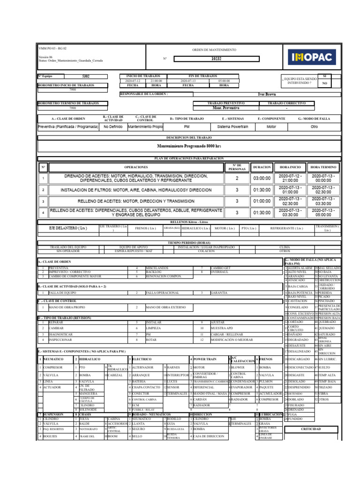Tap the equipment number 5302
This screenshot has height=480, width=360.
pyautogui.click(x=86, y=76)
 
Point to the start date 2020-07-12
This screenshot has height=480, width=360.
pyautogui.click(x=133, y=81)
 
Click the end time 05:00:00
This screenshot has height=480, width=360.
pyautogui.click(x=224, y=81)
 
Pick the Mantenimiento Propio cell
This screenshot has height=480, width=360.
pyautogui.click(x=145, y=127)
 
